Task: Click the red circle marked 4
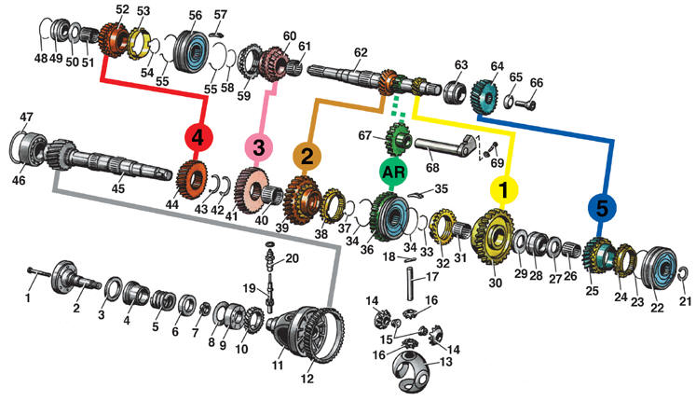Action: pos(198,138)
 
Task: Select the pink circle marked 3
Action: pos(259,145)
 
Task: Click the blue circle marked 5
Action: pos(601,211)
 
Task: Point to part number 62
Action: pos(360,52)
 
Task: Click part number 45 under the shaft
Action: pos(117,188)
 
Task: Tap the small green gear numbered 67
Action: pos(399,145)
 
